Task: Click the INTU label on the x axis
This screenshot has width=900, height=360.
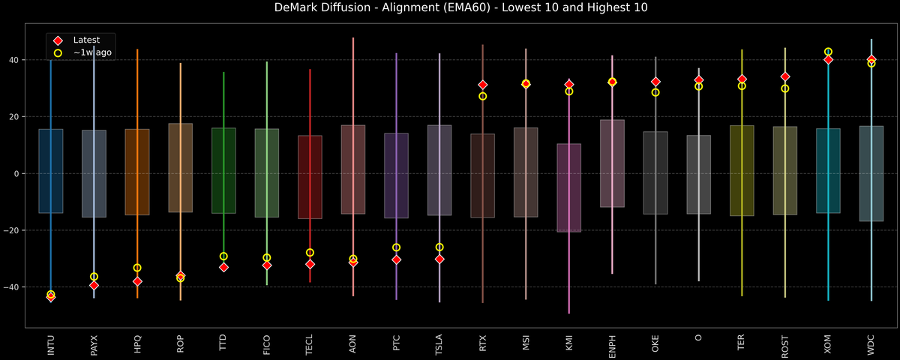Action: click(51, 346)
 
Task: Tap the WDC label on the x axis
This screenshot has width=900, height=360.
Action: click(871, 346)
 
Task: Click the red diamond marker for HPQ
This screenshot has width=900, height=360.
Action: click(137, 281)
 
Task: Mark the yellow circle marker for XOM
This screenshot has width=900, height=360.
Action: click(828, 52)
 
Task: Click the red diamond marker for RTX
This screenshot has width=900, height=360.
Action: click(483, 85)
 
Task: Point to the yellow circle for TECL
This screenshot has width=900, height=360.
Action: click(310, 253)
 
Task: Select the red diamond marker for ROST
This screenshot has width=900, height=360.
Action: click(785, 76)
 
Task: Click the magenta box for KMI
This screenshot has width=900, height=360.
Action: click(569, 187)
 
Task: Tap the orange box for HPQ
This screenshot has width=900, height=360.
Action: click(137, 172)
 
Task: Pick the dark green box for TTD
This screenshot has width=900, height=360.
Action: click(223, 170)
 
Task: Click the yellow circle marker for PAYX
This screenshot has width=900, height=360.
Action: click(94, 277)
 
